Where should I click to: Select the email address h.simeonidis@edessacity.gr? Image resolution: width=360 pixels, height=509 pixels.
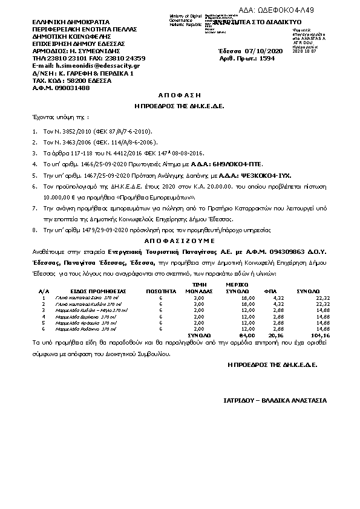click(90, 65)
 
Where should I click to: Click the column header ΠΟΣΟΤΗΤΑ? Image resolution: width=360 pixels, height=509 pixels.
click(160, 291)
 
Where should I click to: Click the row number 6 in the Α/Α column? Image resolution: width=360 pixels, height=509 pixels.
click(44, 328)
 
